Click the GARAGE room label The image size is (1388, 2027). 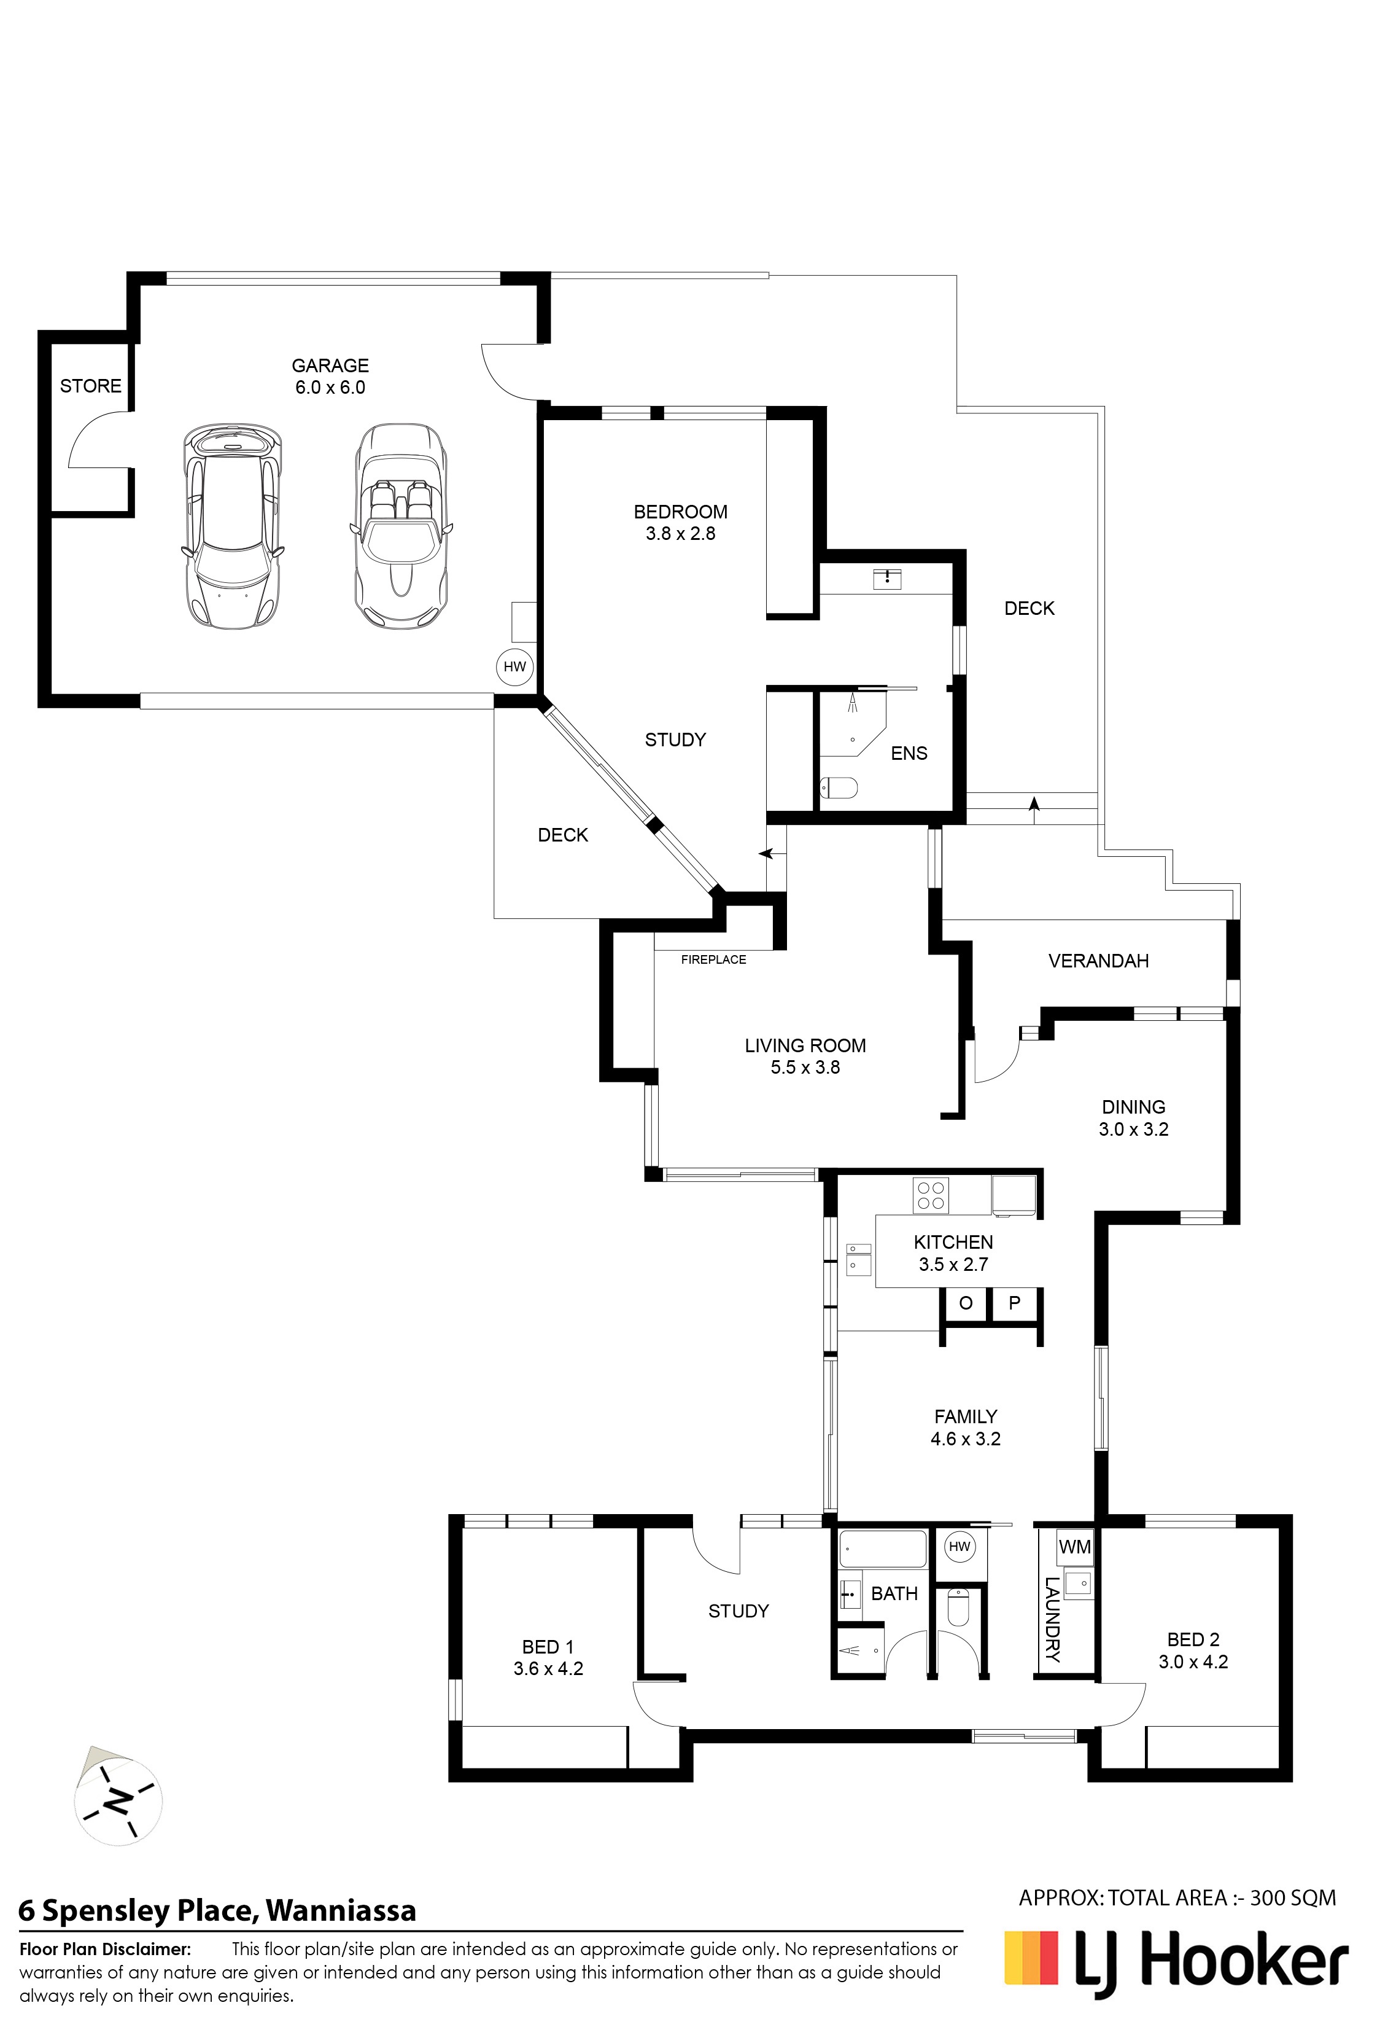coord(330,365)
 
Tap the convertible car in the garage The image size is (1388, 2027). coord(401,525)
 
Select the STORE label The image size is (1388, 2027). coord(91,386)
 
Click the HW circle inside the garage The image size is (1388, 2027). coord(514,667)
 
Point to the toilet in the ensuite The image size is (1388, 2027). coord(840,789)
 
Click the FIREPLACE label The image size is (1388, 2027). coord(713,959)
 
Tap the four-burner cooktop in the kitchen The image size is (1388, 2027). coord(929,1194)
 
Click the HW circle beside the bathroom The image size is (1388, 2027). coord(959,1547)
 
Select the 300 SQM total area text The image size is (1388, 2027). coord(1293,1897)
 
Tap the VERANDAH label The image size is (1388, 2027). coord(1098,961)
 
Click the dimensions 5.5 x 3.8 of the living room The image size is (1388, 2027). coord(805,1068)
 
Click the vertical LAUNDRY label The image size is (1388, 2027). coord(1052,1620)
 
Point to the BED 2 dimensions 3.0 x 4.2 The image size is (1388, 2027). coord(1193,1662)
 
